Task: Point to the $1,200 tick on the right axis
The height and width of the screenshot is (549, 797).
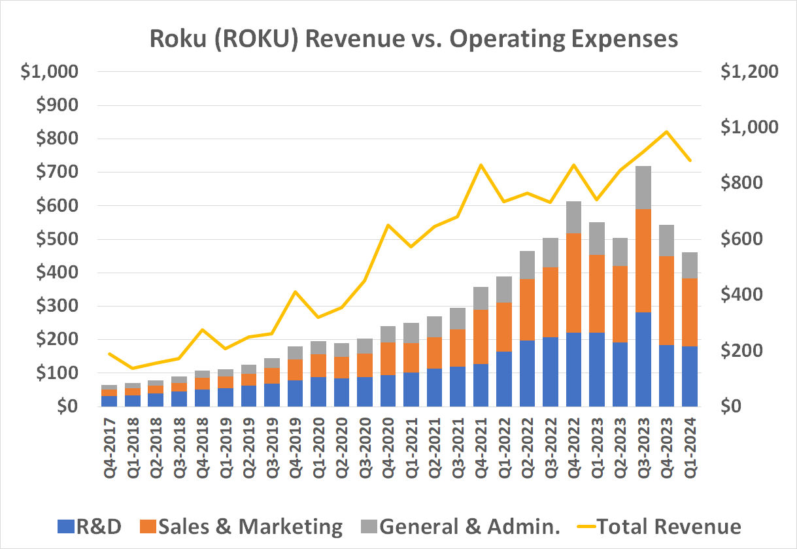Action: tap(749, 72)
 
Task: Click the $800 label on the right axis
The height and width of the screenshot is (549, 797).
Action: tap(741, 184)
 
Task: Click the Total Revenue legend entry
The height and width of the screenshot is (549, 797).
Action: tap(660, 527)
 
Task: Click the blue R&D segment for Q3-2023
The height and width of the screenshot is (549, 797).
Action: tap(643, 359)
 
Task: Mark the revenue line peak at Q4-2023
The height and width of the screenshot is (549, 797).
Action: tap(666, 132)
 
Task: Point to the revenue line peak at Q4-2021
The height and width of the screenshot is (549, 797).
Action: tap(481, 165)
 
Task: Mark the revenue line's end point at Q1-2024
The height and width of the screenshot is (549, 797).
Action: tap(690, 160)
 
